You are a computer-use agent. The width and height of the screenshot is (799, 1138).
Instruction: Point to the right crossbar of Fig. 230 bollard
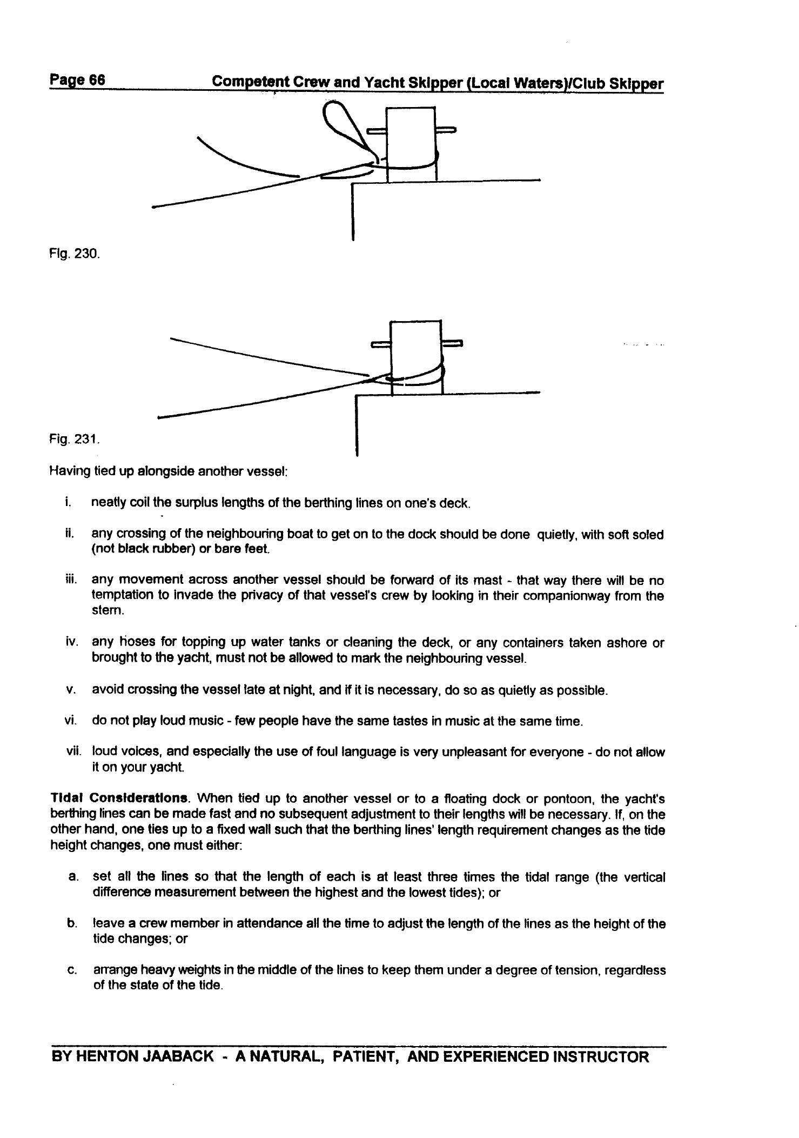coord(446,130)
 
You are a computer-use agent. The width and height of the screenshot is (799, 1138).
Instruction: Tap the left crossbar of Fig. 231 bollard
coord(381,344)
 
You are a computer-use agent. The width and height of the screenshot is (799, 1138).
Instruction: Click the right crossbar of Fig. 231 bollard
coord(452,343)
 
